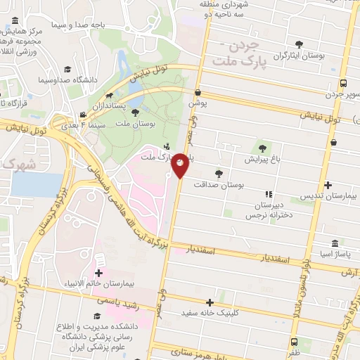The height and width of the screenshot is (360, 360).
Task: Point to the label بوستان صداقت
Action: pyautogui.click(x=221, y=185)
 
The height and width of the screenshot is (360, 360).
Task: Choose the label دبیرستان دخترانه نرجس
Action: pyautogui.click(x=267, y=210)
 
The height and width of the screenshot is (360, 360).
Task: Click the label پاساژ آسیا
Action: pyautogui.click(x=330, y=252)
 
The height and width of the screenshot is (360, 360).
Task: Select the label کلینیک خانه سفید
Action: pyautogui.click(x=205, y=312)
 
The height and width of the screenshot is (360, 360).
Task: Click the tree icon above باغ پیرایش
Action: pyautogui.click(x=262, y=148)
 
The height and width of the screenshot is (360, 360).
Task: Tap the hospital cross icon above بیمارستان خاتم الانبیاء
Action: pyautogui.click(x=98, y=272)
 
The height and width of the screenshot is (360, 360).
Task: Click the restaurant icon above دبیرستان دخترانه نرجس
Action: pyautogui.click(x=268, y=194)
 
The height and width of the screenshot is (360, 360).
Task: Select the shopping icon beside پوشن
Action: pyautogui.click(x=198, y=92)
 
